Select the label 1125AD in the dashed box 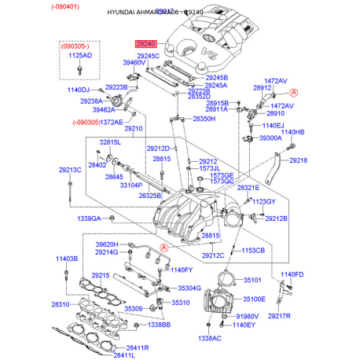click(79, 57)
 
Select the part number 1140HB click(292, 132)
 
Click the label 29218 click(299, 160)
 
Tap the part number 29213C click(69, 170)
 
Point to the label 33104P click(131, 186)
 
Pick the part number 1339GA click(88, 219)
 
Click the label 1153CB click(253, 250)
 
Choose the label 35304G click(189, 288)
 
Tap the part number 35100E click(254, 299)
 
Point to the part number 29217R click(279, 316)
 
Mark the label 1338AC click(210, 338)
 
